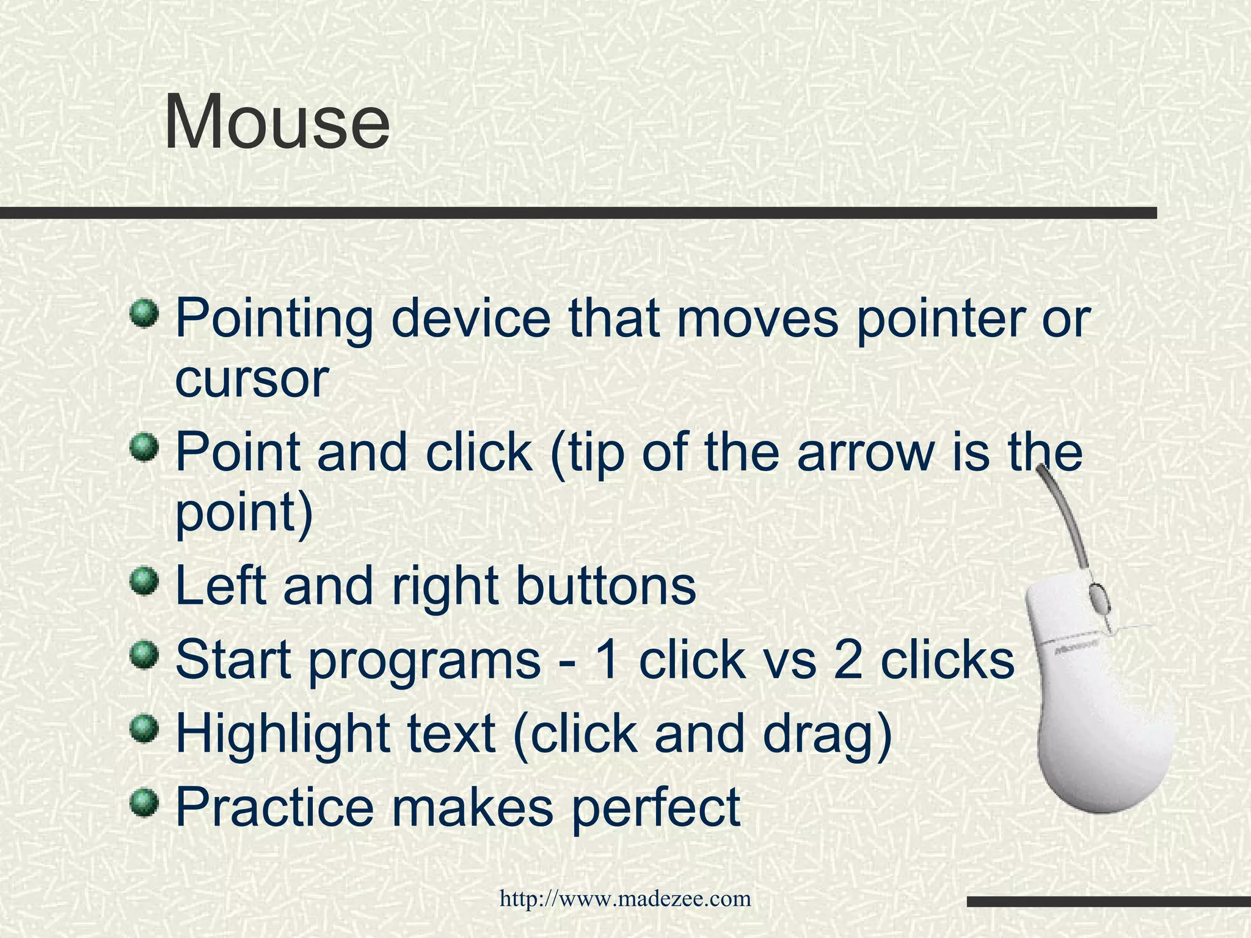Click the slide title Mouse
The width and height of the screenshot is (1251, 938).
(277, 122)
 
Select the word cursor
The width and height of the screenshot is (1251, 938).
(252, 380)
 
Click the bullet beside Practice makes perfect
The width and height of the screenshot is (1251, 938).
(145, 799)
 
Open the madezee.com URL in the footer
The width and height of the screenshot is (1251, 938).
(625, 899)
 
